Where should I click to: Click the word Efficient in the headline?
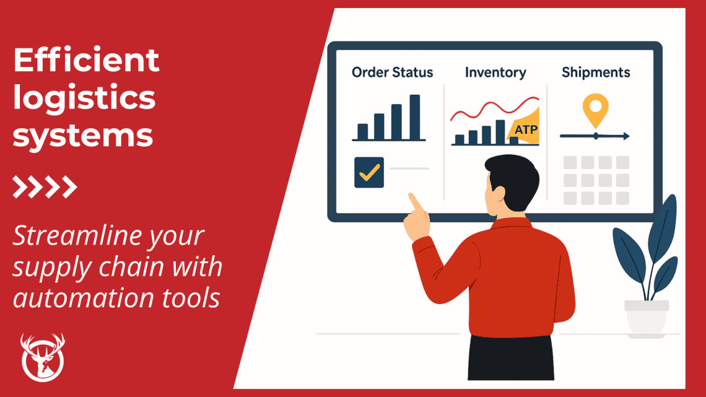tap(86, 61)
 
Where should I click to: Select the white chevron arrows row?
tap(45, 186)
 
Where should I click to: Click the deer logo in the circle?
tap(43, 357)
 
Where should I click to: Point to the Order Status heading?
tap(392, 72)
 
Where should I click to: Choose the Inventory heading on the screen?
tap(495, 72)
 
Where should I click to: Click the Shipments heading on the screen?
tap(596, 72)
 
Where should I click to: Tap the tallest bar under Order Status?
tap(414, 117)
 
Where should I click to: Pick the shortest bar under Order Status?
tap(363, 131)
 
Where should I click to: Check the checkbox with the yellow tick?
tap(369, 172)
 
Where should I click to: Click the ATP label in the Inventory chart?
tap(526, 131)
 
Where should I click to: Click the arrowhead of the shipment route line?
tap(626, 136)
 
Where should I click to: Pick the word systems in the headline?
tap(83, 135)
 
